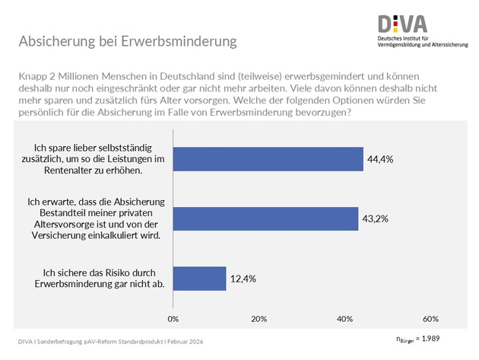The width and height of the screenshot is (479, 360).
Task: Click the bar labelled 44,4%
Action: pyautogui.click(x=268, y=158)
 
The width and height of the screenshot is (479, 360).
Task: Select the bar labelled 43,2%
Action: pyautogui.click(x=265, y=218)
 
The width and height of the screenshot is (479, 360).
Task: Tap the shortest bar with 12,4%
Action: pyautogui.click(x=199, y=279)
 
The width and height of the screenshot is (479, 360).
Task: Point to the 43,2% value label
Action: pyautogui.click(x=379, y=219)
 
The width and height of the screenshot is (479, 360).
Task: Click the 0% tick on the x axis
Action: pyautogui.click(x=173, y=317)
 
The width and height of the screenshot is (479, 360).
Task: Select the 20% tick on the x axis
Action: pyautogui.click(x=259, y=317)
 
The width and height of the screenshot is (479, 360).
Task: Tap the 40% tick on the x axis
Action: pyautogui.click(x=344, y=317)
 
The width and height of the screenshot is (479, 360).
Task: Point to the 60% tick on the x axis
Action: pyautogui.click(x=430, y=317)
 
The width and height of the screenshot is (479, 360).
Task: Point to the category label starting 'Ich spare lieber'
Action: pyautogui.click(x=100, y=158)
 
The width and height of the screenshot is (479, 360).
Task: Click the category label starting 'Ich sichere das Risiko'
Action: pyautogui.click(x=100, y=279)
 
